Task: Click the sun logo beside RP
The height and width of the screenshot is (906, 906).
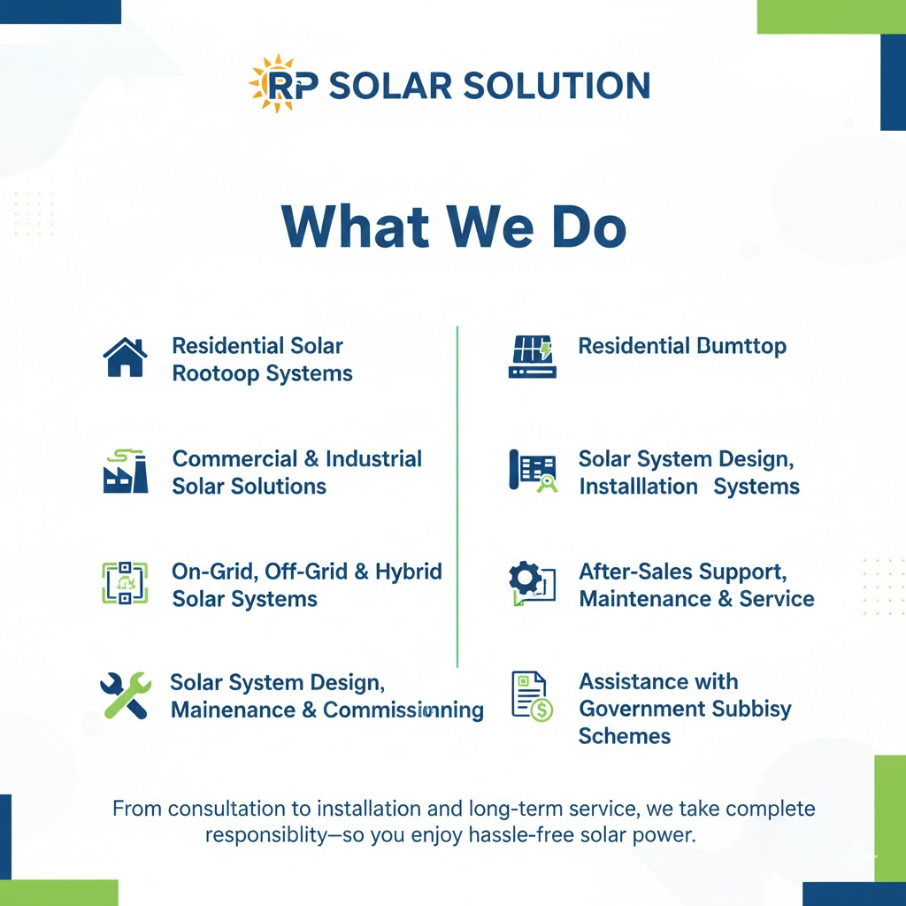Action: [x=273, y=84]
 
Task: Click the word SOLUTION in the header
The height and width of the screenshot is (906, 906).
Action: [x=557, y=86]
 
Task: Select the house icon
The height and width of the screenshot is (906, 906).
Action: [x=125, y=357]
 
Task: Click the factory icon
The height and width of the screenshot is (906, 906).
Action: [x=126, y=471]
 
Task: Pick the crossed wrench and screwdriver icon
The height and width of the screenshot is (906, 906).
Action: [x=126, y=695]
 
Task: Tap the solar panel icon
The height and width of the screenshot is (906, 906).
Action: [x=532, y=357]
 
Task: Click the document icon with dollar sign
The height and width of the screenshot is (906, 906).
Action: [x=532, y=695]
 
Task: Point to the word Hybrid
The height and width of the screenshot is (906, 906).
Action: [x=409, y=572]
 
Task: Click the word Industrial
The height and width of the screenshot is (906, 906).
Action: [x=373, y=459]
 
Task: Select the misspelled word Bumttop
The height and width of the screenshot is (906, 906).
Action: [x=742, y=346]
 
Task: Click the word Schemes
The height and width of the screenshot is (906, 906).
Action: [x=625, y=736]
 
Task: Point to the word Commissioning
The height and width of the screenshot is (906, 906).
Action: [x=403, y=710]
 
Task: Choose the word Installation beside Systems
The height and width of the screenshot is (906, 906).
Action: [x=639, y=487]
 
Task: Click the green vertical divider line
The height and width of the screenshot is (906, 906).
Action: [x=457, y=497]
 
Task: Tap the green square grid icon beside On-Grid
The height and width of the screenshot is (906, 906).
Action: [x=125, y=583]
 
